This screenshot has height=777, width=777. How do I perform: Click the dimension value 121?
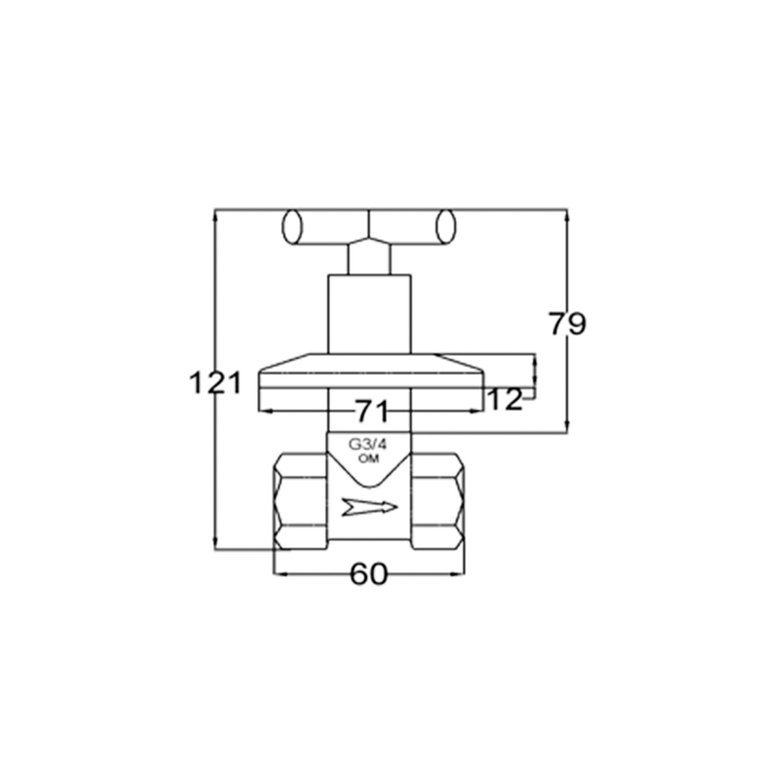point(216,383)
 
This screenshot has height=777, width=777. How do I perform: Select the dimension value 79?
point(567,323)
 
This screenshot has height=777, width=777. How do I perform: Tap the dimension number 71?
point(372,411)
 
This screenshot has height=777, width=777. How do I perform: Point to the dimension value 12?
point(505,399)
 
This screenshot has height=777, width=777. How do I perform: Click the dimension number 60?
point(369,574)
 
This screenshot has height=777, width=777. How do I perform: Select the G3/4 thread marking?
point(368,444)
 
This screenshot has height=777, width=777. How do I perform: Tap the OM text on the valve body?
point(369,458)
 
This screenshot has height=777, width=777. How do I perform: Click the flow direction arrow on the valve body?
point(370,506)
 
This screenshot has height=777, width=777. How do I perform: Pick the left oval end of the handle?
point(292,227)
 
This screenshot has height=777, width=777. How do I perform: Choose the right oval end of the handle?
point(445,227)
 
